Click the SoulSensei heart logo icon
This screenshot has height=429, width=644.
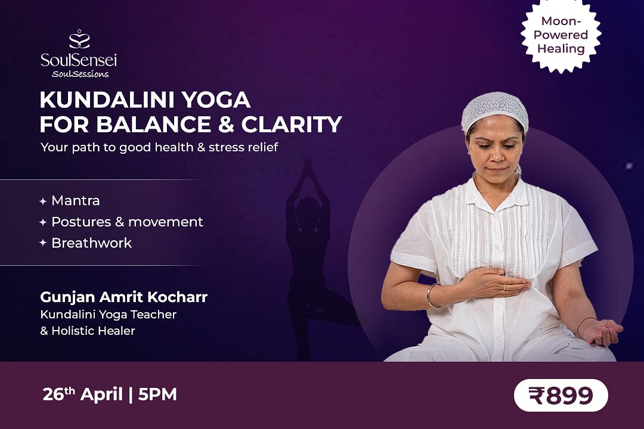79,39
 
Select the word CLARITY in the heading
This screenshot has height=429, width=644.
292,125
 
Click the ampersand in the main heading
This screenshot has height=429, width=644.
226,125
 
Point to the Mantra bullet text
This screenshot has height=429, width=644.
76,201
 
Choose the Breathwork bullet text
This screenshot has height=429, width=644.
92,243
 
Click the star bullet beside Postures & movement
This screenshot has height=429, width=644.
43,222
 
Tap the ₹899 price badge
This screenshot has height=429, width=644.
561,396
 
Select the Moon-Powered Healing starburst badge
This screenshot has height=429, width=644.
561,35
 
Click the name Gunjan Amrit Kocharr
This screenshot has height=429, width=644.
123,297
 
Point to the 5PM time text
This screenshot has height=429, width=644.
157,394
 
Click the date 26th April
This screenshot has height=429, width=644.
82,394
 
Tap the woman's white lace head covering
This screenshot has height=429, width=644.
494,110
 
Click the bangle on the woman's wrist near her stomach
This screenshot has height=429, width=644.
431,296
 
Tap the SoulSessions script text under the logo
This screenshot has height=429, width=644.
80,74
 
